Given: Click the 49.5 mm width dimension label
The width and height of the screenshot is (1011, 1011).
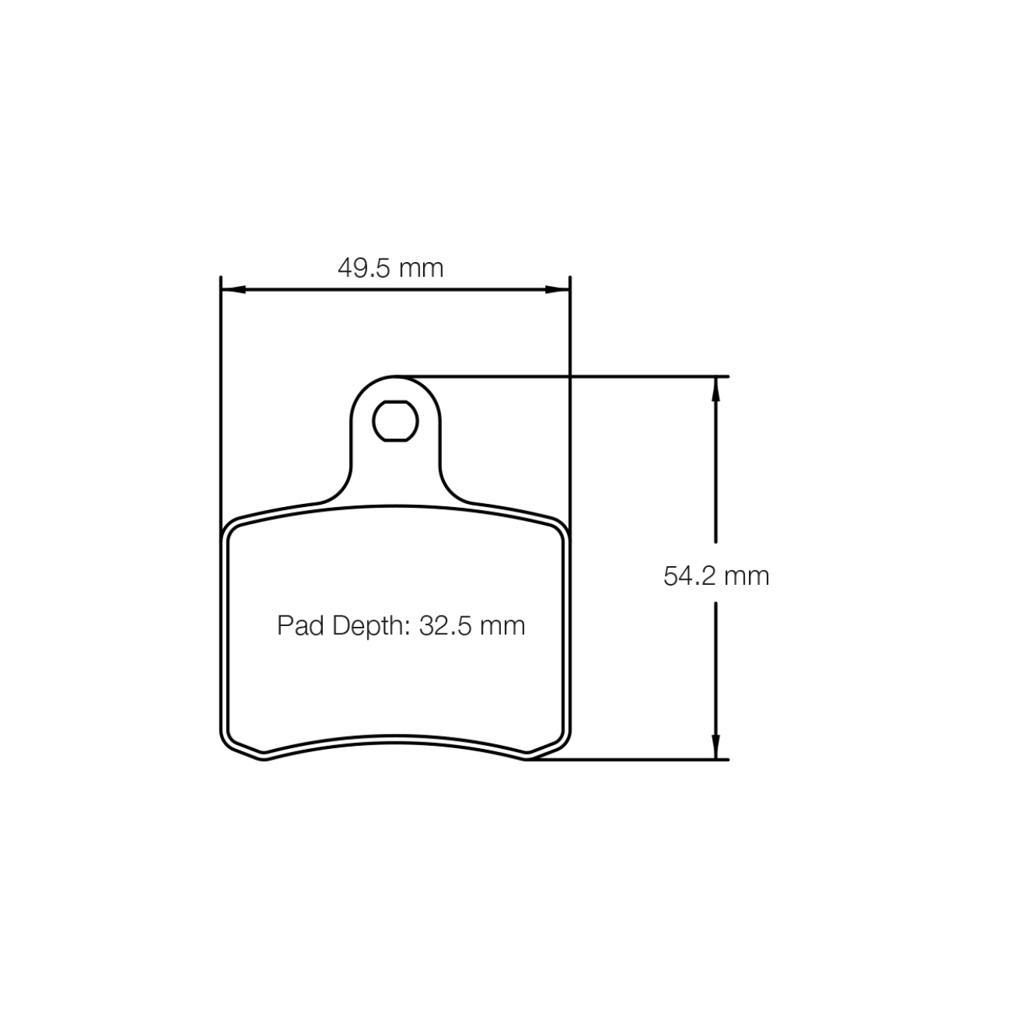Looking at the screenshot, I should (390, 268).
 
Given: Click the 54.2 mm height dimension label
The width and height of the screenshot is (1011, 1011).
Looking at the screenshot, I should (716, 576).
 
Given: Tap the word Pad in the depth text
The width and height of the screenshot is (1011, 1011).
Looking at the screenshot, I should (301, 625).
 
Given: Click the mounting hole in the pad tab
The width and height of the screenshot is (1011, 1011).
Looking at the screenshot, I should (395, 421).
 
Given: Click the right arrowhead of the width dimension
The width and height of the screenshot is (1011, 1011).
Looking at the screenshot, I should (557, 289).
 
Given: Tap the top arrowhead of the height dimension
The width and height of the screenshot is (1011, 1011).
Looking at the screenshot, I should (716, 388).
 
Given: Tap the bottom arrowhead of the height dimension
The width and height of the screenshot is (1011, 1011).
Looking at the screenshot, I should (716, 747).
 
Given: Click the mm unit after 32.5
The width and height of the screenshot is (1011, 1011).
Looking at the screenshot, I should (502, 625).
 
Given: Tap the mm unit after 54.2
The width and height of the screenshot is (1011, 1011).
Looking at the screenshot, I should (747, 576).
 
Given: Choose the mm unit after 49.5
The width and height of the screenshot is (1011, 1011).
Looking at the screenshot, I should (421, 268).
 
